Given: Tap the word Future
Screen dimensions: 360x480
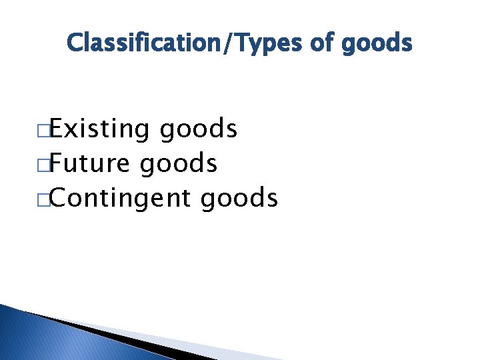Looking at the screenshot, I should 93,163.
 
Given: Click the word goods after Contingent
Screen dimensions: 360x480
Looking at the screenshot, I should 239,199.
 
